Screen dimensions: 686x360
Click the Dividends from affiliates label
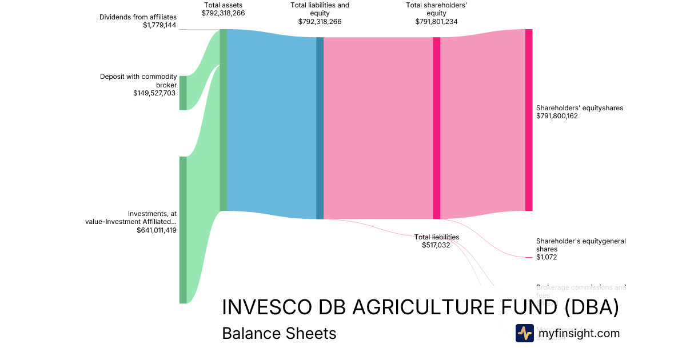click(x=138, y=17)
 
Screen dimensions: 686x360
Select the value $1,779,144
click(x=159, y=26)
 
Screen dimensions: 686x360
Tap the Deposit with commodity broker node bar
click(x=183, y=93)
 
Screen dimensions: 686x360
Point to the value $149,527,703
click(x=154, y=93)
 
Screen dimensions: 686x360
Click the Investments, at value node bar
click(x=183, y=230)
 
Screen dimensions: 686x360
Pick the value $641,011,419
click(x=157, y=230)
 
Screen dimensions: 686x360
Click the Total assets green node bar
click(x=224, y=120)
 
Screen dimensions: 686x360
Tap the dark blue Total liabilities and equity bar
click(x=320, y=128)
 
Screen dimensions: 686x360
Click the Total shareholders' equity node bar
click(x=436, y=128)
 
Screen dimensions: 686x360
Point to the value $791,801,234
click(x=436, y=22)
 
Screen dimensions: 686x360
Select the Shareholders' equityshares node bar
click(x=529, y=120)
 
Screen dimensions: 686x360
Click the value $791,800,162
click(x=557, y=116)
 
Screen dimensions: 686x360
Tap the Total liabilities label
click(x=437, y=237)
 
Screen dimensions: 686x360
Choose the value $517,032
click(x=436, y=245)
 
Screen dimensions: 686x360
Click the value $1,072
click(x=547, y=257)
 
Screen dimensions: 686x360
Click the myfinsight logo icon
click(x=524, y=333)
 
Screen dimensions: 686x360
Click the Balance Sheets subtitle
click(x=279, y=333)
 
